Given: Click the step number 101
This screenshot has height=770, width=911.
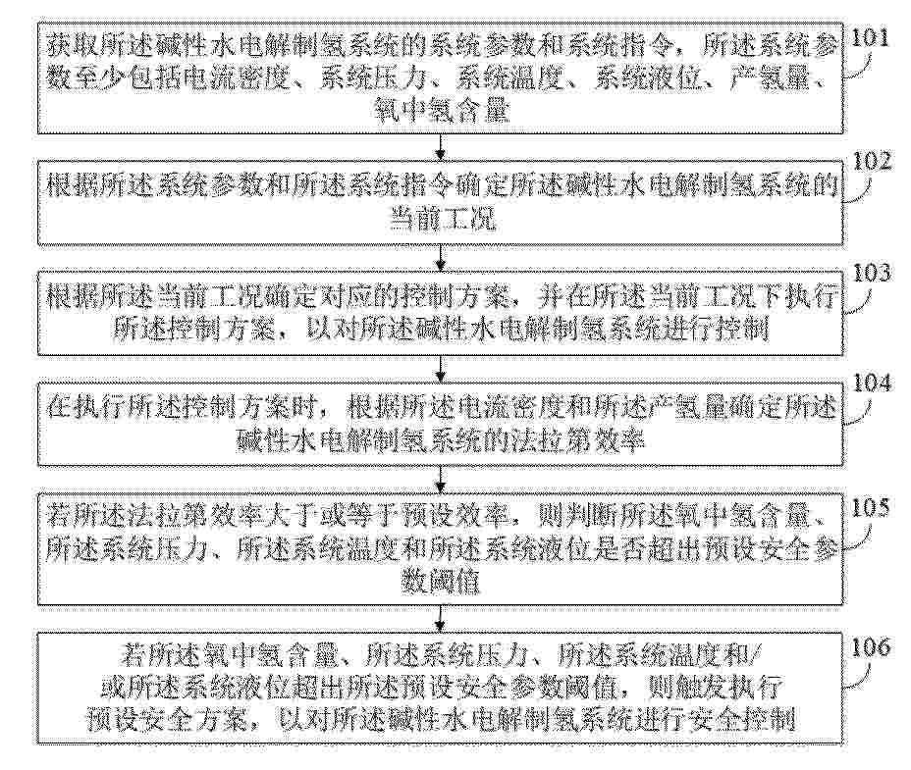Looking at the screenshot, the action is (871, 38).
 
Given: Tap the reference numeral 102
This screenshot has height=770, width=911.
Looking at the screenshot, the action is (872, 162).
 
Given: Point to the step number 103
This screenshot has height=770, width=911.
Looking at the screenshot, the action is (872, 273).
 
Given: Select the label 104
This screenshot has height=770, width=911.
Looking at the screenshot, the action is (872, 384).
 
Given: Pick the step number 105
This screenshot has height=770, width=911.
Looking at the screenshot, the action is (871, 507).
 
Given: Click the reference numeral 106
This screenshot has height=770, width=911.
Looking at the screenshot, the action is (871, 646).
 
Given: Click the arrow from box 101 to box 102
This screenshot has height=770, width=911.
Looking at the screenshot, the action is (441, 147).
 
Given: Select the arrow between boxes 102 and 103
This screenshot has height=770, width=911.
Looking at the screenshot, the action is (441, 257).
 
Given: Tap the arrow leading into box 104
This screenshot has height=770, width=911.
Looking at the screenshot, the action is (441, 368).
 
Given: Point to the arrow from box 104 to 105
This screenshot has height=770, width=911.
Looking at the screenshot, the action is (441, 479).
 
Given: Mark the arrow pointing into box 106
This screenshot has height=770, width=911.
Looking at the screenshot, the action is (441, 618).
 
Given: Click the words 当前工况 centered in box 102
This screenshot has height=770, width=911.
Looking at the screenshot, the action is (442, 220).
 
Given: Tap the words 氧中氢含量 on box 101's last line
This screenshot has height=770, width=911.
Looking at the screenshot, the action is (442, 109).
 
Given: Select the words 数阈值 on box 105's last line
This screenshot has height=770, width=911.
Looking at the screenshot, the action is (441, 581).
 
